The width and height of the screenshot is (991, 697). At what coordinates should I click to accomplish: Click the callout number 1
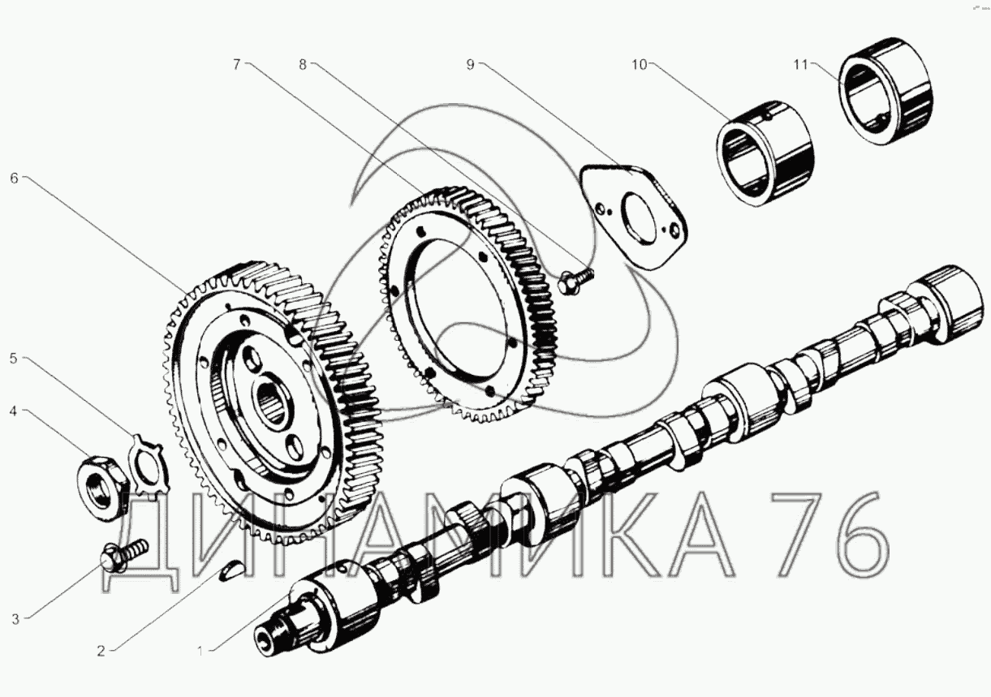pos(200,651)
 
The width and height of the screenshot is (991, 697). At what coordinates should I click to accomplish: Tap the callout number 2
pos(101,651)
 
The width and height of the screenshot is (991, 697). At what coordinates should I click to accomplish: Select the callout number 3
pos(15,619)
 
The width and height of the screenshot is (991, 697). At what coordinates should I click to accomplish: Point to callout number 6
pos(15,179)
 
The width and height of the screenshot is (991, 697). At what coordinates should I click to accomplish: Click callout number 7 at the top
pos(237,65)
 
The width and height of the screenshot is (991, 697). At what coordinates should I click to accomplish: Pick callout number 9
pos(470,65)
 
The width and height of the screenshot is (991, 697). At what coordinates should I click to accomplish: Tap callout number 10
pos(640,65)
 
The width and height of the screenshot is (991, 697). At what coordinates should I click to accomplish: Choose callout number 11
pos(800,65)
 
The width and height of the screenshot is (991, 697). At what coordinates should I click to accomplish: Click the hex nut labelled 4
pos(101,488)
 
